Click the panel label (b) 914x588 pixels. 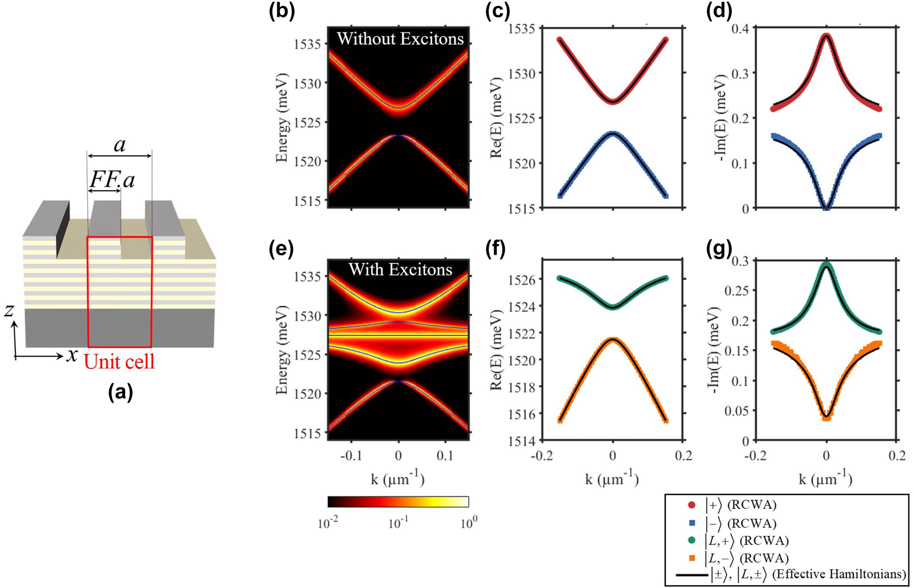point(282,11)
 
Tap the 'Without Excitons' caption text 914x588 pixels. point(400,39)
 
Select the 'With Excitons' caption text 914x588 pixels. point(400,269)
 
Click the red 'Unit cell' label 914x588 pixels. point(119,362)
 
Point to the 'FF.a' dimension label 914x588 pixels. point(112,179)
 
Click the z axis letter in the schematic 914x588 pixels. point(9,310)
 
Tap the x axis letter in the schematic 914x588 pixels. point(72,355)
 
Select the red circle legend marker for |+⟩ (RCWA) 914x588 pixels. point(692,505)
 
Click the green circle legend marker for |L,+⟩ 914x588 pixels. point(692,540)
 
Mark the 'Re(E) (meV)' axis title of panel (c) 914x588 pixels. point(496,118)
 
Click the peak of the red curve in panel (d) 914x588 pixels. point(826,36)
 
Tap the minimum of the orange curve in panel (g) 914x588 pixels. point(826,417)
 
